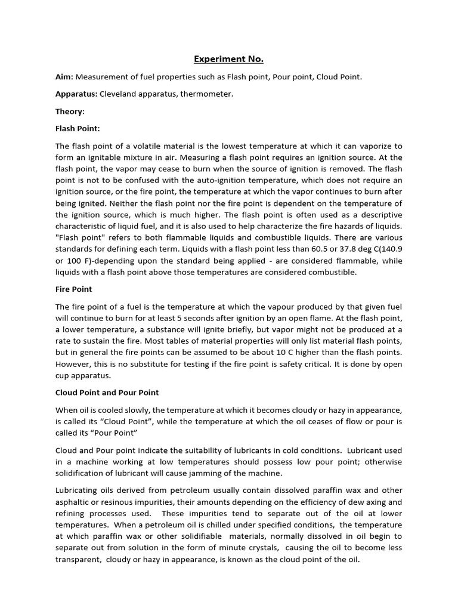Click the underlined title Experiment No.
228,59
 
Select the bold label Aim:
64,77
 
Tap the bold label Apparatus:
76,94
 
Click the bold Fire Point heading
74,289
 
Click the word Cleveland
119,94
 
